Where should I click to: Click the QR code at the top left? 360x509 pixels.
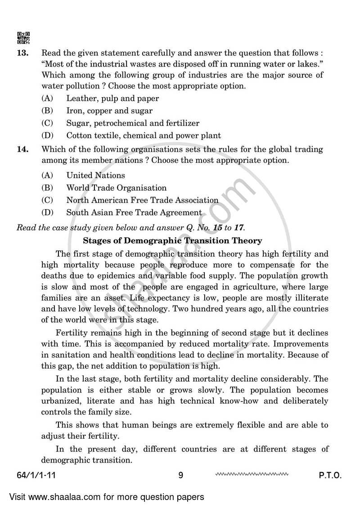[x=23, y=38]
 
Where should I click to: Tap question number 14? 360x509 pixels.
[x=22, y=149]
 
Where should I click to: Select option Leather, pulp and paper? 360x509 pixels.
[x=112, y=98]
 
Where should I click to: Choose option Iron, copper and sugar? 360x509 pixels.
[x=109, y=110]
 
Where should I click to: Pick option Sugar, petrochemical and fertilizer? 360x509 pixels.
[x=132, y=123]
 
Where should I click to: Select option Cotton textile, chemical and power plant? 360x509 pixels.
[x=143, y=135]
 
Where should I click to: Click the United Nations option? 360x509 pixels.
[x=95, y=176]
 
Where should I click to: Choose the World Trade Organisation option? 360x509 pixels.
[x=116, y=188]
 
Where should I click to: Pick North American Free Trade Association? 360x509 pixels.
[x=142, y=200]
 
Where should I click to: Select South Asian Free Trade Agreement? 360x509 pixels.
[x=134, y=212]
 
